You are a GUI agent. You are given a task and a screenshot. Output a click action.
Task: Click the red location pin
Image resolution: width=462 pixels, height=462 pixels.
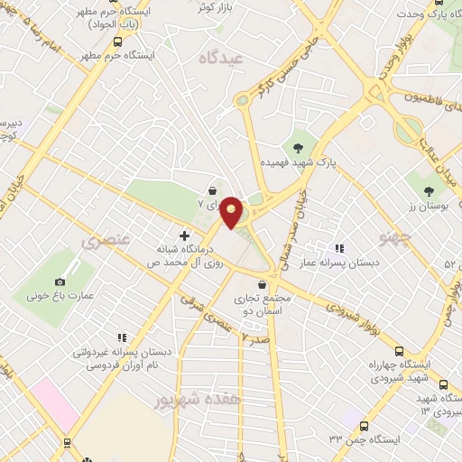(x=232, y=212)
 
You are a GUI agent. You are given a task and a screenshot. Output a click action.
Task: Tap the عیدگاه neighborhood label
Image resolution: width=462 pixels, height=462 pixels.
(x=224, y=57)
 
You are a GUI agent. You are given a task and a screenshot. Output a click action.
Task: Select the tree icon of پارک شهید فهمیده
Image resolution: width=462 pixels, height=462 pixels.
(x=297, y=147)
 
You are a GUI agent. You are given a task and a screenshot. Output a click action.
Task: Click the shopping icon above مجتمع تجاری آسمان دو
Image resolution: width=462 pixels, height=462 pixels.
(x=262, y=285)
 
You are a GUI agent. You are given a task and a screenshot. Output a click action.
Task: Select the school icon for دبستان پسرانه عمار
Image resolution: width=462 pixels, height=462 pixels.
(x=339, y=248)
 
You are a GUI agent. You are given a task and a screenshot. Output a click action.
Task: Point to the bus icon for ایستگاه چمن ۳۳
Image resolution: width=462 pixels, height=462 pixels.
(x=365, y=425)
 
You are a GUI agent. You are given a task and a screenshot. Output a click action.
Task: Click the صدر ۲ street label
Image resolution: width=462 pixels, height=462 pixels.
(x=256, y=338)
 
